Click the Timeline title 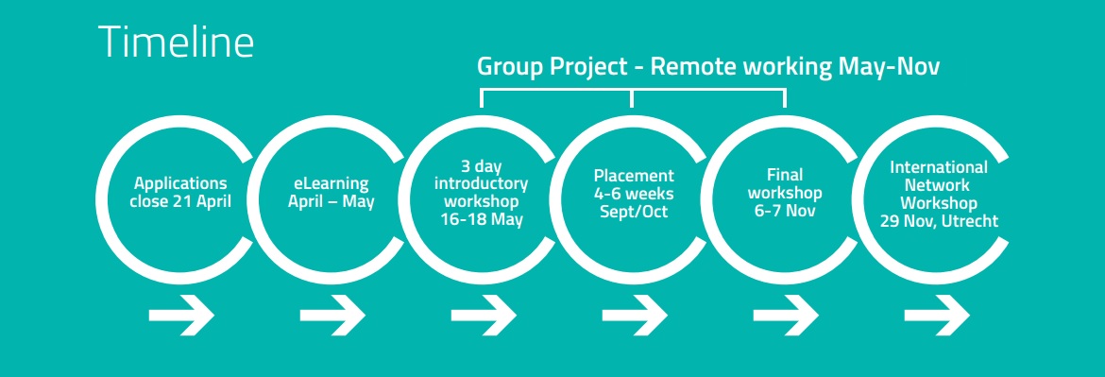[x=177, y=42]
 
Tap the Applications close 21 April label [x=181, y=193]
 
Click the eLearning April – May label [x=331, y=193]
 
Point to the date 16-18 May [x=482, y=219]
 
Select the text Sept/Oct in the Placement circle [x=634, y=211]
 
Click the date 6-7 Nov [x=785, y=211]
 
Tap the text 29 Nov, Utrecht [x=939, y=220]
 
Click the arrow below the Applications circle [x=181, y=315]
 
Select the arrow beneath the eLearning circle [x=331, y=315]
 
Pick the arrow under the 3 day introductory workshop [x=484, y=315]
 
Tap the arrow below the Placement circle [x=635, y=315]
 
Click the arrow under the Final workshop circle [x=786, y=315]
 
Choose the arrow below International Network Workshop [x=937, y=315]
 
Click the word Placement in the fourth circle [x=634, y=176]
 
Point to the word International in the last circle [x=939, y=167]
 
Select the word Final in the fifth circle [x=785, y=175]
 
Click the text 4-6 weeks [x=634, y=193]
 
